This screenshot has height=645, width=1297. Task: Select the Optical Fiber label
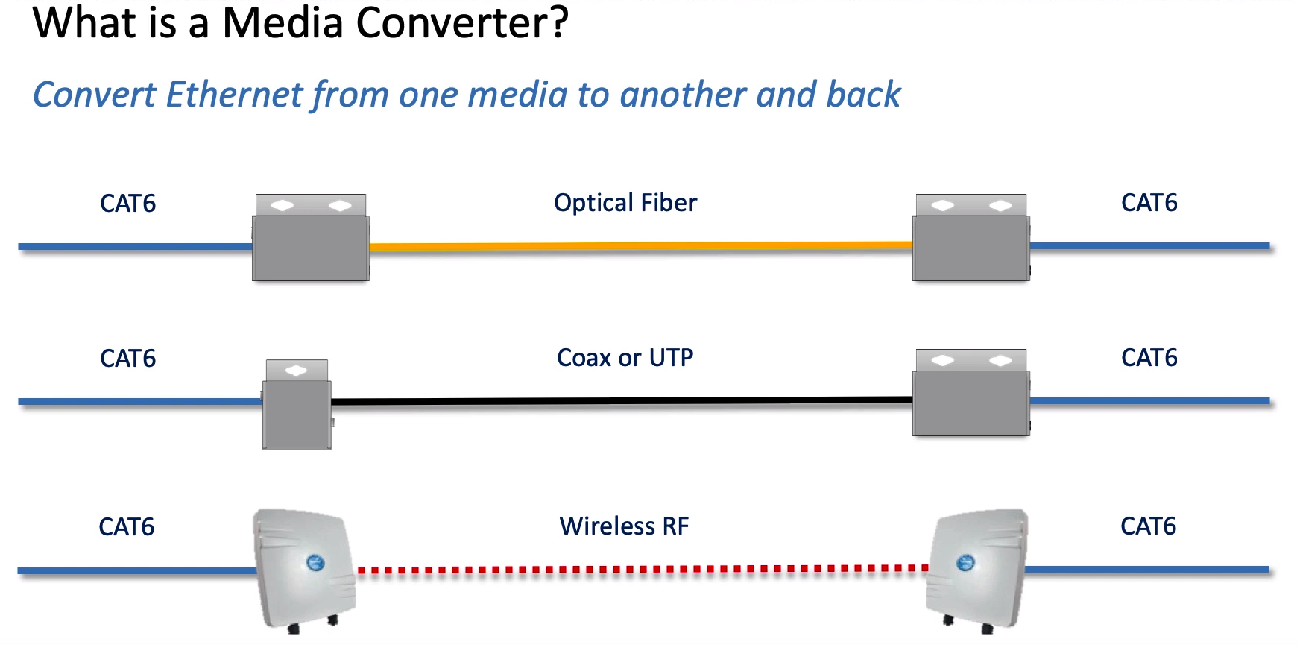click(625, 203)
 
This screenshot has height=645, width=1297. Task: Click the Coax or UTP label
click(625, 358)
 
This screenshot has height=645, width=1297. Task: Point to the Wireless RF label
click(625, 526)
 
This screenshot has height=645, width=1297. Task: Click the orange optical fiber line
click(641, 245)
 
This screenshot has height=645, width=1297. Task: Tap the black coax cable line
click(622, 401)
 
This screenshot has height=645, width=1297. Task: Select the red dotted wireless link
click(643, 570)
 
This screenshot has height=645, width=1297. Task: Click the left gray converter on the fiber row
click(311, 237)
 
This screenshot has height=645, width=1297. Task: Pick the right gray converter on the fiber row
click(971, 237)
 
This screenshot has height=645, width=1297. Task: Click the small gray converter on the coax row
click(297, 405)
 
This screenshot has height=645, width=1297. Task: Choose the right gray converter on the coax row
click(971, 392)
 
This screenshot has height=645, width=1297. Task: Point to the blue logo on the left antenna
click(316, 563)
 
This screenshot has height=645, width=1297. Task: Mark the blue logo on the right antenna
click(965, 562)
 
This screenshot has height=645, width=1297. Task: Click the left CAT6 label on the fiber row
click(128, 204)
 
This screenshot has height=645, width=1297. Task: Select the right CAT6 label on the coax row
click(1149, 358)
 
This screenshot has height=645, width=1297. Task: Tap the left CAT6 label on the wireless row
click(127, 527)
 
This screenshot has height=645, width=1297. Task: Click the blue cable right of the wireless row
click(1147, 570)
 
